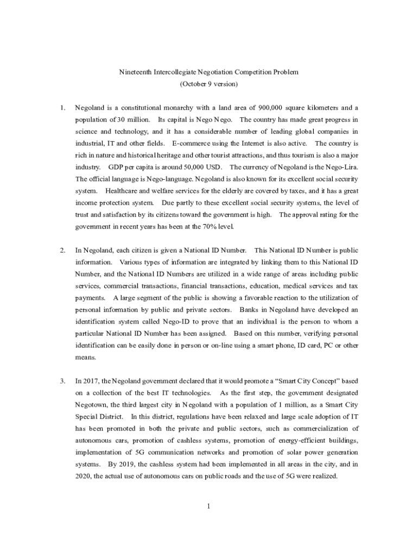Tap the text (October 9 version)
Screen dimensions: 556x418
pyautogui.click(x=208, y=84)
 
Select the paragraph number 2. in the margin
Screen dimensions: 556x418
pyautogui.click(x=62, y=250)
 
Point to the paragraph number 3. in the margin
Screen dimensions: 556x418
pyautogui.click(x=62, y=381)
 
